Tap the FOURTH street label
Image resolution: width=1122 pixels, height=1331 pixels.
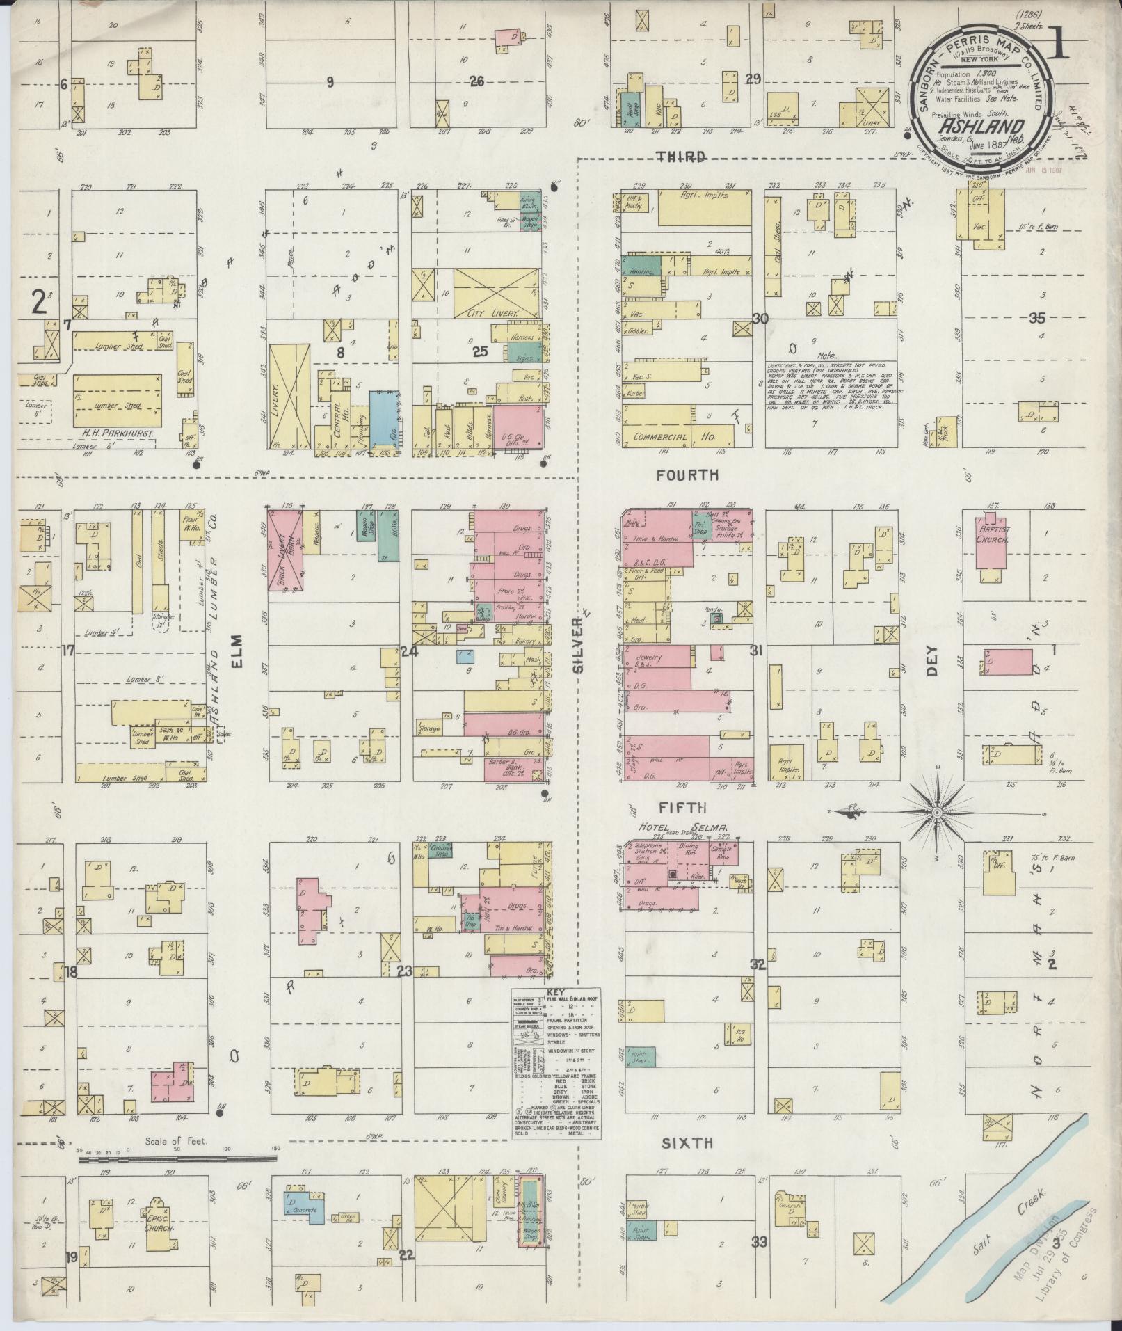point(687,475)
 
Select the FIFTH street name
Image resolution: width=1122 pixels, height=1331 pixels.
point(683,808)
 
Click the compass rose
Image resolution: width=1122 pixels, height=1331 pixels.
point(936,812)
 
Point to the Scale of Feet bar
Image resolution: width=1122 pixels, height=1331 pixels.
point(177,1159)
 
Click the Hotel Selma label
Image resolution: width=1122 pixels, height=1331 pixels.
point(683,828)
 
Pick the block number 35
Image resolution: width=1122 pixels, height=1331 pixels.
point(1036,318)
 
